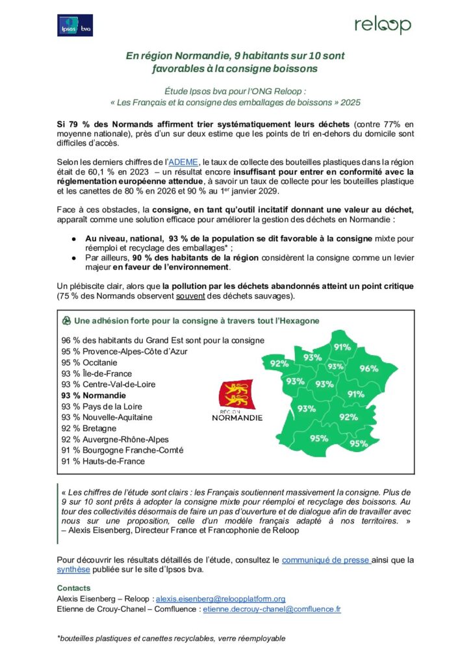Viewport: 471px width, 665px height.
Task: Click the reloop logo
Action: pos(383,25)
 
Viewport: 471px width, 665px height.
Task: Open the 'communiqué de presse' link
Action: pos(326,559)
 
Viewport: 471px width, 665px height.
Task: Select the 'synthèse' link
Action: pos(75,570)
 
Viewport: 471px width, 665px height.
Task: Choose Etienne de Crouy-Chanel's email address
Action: pos(272,609)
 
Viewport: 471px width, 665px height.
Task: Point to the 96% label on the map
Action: pos(369,369)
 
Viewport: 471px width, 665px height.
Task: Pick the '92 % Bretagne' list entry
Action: pos(89,429)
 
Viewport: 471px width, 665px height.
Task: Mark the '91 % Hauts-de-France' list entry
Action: pos(103,462)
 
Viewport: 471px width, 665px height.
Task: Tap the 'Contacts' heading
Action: pos(73,588)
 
